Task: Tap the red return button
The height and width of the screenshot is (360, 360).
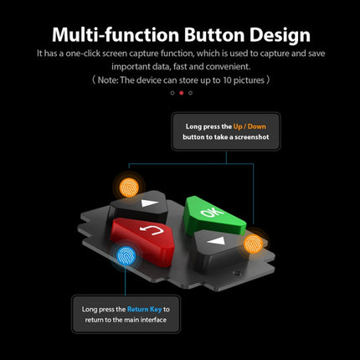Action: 144,240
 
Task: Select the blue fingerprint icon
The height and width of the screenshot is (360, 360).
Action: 126,255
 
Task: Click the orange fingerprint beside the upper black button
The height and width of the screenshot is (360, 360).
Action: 129,188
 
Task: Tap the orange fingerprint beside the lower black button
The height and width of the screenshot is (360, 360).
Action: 253,244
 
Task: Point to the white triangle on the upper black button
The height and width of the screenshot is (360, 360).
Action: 149,203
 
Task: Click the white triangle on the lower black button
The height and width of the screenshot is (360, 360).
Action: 217,240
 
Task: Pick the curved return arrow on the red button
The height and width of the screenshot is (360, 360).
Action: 152,229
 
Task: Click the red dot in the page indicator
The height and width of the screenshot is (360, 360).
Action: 182,93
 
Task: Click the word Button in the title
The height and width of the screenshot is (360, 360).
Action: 214,35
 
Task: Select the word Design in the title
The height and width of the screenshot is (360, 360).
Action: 280,36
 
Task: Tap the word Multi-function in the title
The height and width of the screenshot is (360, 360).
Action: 116,34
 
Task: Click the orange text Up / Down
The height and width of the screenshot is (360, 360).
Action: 249,126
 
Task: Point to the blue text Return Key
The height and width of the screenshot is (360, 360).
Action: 144,309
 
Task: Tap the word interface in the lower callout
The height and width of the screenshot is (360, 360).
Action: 153,320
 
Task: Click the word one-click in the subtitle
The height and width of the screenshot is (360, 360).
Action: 83,54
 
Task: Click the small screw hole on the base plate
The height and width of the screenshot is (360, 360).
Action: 237,273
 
